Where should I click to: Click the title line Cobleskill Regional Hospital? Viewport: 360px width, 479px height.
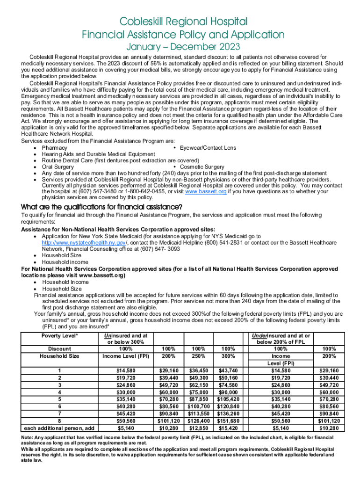pyautogui.click(x=183, y=22)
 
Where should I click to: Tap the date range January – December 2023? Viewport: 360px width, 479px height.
pyautogui.click(x=183, y=47)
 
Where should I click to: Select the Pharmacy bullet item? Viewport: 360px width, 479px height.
pyautogui.click(x=54, y=148)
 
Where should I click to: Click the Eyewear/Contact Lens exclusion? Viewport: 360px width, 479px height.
pyautogui.click(x=208, y=148)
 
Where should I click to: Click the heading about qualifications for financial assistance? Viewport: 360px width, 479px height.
pyautogui.click(x=102, y=208)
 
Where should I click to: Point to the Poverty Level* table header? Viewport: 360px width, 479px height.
pyautogui.click(x=60, y=336)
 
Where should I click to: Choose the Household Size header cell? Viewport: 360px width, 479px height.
pyautogui.click(x=60, y=356)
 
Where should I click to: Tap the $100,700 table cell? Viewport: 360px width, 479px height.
pyautogui.click(x=199, y=407)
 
